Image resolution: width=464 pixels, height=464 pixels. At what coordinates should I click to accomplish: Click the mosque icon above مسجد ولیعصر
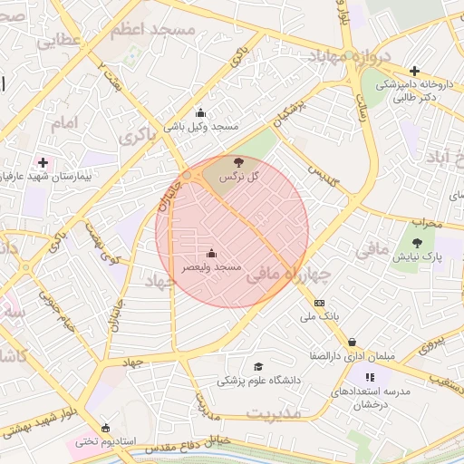tap(212, 254)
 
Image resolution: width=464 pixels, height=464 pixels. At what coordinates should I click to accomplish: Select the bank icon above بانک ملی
tap(319, 303)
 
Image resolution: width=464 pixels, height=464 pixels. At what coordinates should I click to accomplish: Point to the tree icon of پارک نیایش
tap(417, 243)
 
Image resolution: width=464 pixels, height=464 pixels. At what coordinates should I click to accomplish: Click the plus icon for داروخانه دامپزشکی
tap(414, 71)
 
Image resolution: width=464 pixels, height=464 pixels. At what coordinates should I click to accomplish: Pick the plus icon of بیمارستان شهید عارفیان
tap(43, 161)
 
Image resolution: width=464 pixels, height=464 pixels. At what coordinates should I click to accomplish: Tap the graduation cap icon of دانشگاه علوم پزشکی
tap(259, 367)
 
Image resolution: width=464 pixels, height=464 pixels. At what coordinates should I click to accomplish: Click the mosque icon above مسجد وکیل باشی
tap(200, 113)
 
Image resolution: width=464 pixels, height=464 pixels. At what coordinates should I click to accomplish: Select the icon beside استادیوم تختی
tap(107, 428)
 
